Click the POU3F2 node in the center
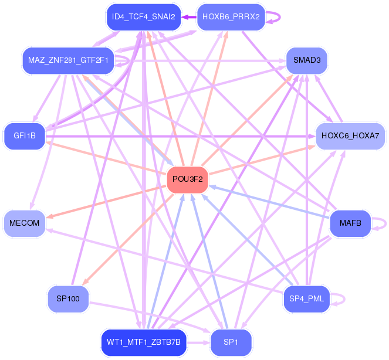coord(188,179)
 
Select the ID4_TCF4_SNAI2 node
coord(143,17)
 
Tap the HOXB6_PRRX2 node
coord(231,17)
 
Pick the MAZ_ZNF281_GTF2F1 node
coord(68,60)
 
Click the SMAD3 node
coord(306,60)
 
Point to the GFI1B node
coord(25,136)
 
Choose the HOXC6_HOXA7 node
coord(350,136)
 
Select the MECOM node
coord(25,223)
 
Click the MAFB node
coord(350,223)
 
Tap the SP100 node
coord(68,299)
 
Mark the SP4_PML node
coord(306,299)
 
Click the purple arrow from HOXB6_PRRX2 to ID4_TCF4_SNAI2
coord(188,17)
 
